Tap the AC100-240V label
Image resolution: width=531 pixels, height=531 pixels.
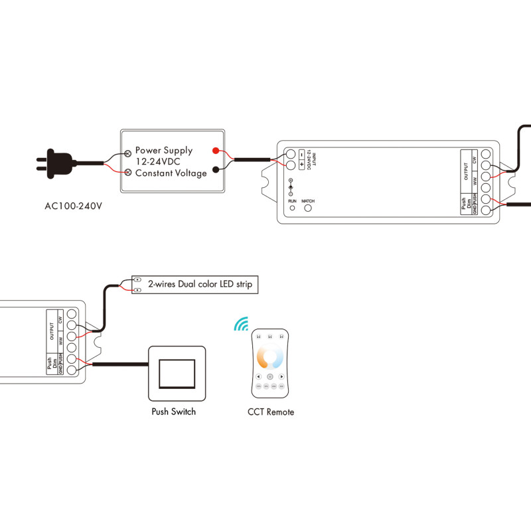pyautogui.click(x=73, y=205)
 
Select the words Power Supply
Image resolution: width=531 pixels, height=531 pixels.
pyautogui.click(x=164, y=151)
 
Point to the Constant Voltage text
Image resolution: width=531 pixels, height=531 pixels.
pyautogui.click(x=171, y=173)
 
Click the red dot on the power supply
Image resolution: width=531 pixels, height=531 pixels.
pyautogui.click(x=216, y=150)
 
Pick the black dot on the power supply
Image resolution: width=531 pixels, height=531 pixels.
pyautogui.click(x=216, y=169)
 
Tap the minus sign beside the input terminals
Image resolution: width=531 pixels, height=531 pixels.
pyautogui.click(x=302, y=153)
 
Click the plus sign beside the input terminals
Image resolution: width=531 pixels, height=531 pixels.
pyautogui.click(x=302, y=164)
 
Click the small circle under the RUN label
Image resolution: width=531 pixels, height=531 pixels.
pyautogui.click(x=292, y=208)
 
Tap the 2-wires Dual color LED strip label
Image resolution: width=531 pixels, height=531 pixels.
pyautogui.click(x=200, y=284)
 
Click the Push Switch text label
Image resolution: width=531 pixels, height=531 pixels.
pyautogui.click(x=173, y=412)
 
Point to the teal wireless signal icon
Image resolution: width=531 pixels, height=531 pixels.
pyautogui.click(x=240, y=323)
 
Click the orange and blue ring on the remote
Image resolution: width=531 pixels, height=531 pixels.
pyautogui.click(x=270, y=358)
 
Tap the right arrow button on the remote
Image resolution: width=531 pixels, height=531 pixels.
pyautogui.click(x=282, y=377)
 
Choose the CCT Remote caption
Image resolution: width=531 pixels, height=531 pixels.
pyautogui.click(x=270, y=412)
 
